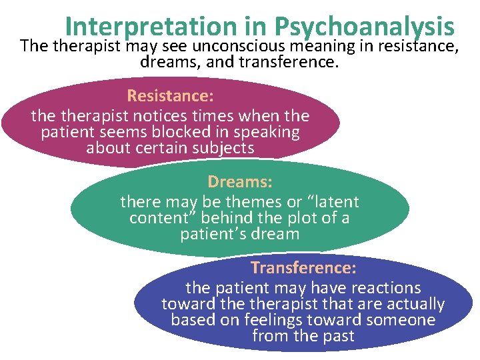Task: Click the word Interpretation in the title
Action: click(x=151, y=27)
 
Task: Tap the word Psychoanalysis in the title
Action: click(x=364, y=27)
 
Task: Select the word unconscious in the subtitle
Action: click(x=239, y=47)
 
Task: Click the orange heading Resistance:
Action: click(x=170, y=96)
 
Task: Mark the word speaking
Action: click(x=265, y=132)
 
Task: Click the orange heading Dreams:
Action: click(x=240, y=181)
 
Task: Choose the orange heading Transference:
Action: click(x=303, y=268)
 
